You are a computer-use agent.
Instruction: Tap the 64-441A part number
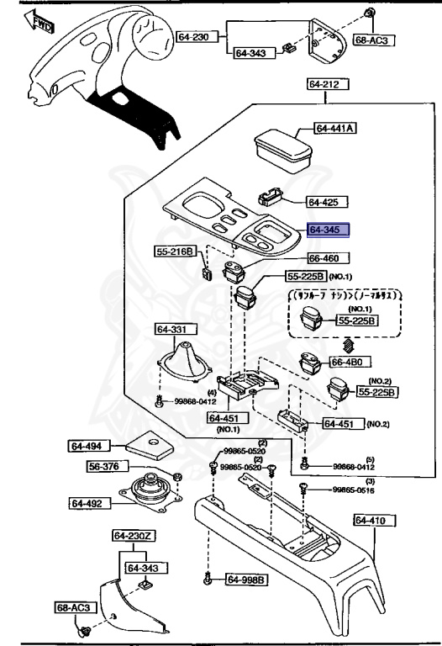click(x=335, y=129)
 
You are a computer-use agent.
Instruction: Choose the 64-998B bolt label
click(x=246, y=580)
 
